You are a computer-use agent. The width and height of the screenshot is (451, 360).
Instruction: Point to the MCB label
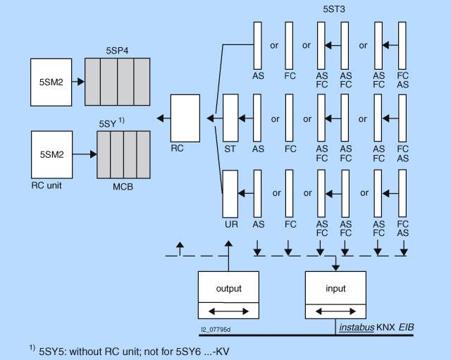(x=124, y=187)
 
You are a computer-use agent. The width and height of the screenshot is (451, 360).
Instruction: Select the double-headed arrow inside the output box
(x=228, y=311)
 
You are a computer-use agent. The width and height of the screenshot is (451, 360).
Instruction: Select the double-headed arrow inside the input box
(x=335, y=311)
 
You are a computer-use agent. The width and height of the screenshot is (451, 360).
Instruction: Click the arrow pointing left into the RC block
(x=161, y=118)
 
